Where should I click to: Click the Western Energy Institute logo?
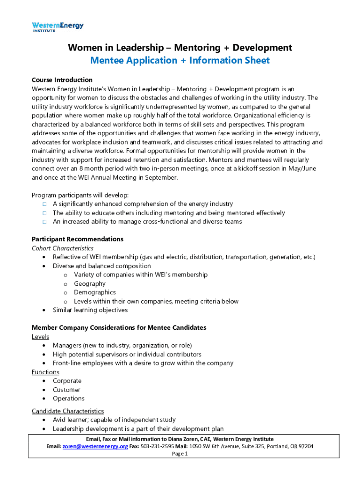pyautogui.click(x=58, y=27)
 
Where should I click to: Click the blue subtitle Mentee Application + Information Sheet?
pyautogui.click(x=180, y=60)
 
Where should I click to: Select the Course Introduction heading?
pyautogui.click(x=62, y=80)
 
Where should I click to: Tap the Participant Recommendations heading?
pyautogui.click(x=77, y=239)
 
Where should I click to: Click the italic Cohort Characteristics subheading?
pyautogui.click(x=62, y=248)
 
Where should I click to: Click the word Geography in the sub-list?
pyautogui.click(x=89, y=283)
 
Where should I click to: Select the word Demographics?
pyautogui.click(x=94, y=292)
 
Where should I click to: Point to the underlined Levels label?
pyautogui.click(x=40, y=336)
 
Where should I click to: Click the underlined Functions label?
pyautogui.click(x=45, y=372)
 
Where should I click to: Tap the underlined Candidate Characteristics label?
pyautogui.click(x=67, y=411)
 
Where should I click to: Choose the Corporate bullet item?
pyautogui.click(x=67, y=381)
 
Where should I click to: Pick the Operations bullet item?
pyautogui.click(x=68, y=399)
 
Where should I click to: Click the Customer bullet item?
pyautogui.click(x=66, y=390)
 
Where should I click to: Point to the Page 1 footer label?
pyautogui.click(x=180, y=454)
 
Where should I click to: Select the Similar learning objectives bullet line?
pyautogui.click(x=90, y=310)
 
